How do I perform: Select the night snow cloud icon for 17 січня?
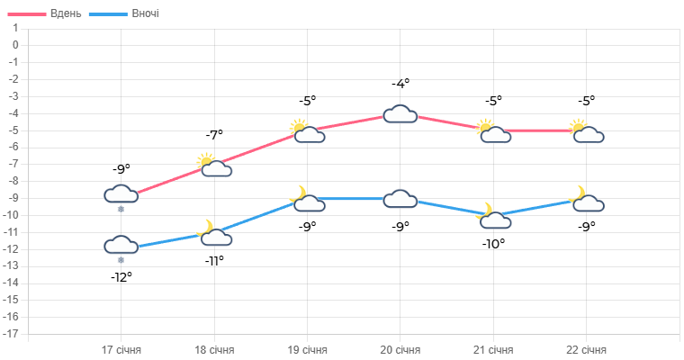121,246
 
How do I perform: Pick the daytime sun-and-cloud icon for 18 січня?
214,165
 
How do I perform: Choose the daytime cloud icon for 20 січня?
400,114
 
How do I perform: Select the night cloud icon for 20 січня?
400,199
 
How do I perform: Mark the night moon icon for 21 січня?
493,217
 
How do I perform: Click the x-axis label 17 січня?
121,349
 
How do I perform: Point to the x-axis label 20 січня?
400,349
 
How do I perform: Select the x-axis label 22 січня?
586,349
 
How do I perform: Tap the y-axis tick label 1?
15,27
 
